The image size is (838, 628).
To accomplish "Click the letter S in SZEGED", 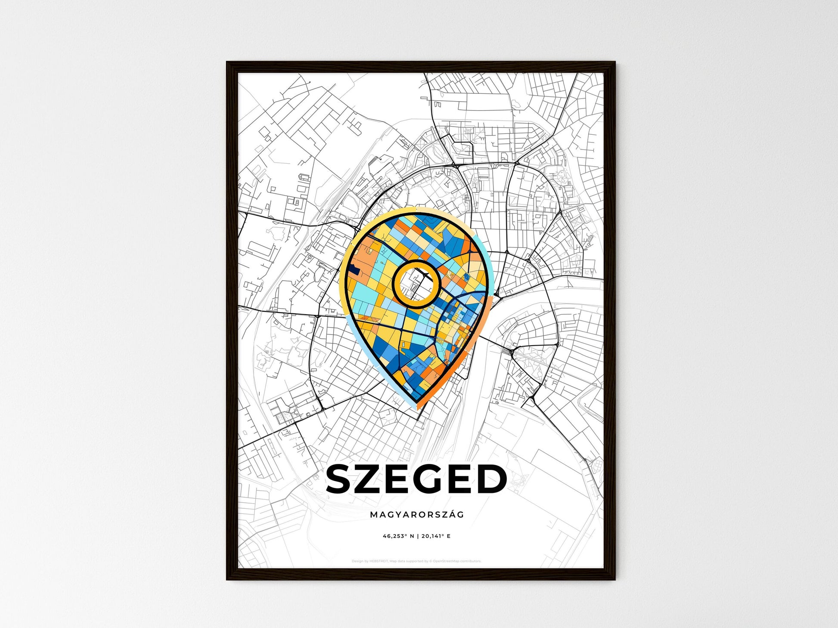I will click(x=341, y=479).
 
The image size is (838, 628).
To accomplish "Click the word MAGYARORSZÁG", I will click(x=416, y=515).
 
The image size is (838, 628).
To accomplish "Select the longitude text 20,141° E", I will click(x=436, y=536).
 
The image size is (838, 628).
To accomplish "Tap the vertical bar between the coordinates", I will click(x=417, y=536).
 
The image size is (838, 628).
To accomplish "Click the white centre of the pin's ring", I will click(x=416, y=284).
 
